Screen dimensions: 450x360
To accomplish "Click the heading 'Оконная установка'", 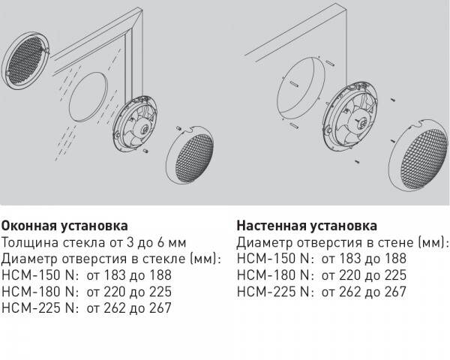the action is pyautogui.click(x=64, y=226).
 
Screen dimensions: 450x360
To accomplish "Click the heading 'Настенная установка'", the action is pyautogui.click(x=307, y=226).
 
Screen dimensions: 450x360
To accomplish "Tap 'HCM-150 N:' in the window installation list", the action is pyautogui.click(x=40, y=275).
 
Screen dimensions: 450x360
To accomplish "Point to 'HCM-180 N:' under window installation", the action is pyautogui.click(x=40, y=292).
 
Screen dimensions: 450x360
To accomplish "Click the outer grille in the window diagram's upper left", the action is pyautogui.click(x=25, y=60).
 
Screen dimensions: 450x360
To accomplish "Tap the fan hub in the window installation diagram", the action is pyautogui.click(x=144, y=129).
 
